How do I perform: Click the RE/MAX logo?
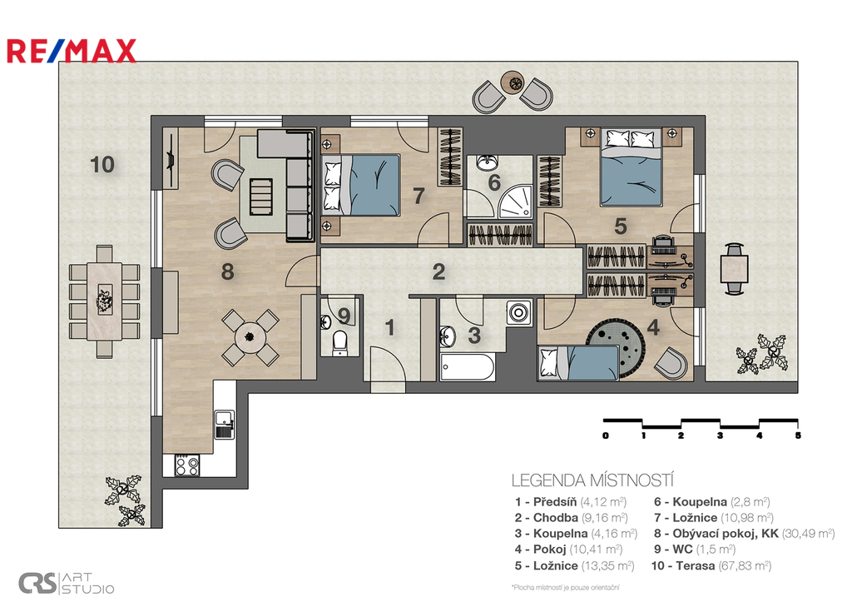coord(72,51)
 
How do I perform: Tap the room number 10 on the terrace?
coord(102,164)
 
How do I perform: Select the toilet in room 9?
coord(339,342)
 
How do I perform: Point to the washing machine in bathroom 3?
coord(519,313)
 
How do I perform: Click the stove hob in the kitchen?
coord(187,465)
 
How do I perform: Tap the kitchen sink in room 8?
coord(225,424)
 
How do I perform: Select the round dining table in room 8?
coord(250,337)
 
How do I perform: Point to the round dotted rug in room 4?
coord(616,348)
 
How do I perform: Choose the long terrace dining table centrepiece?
coord(104,299)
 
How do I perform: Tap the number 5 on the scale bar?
coord(797,435)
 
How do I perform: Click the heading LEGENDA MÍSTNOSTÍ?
coord(592,480)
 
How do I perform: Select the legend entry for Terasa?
coord(711,565)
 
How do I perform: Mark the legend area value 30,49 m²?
coord(808,534)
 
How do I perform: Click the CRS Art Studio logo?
coord(67,583)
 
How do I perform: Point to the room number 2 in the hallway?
coord(439,272)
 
